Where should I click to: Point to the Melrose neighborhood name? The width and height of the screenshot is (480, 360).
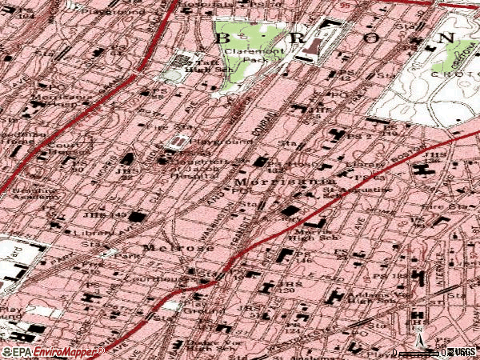tap(178, 248)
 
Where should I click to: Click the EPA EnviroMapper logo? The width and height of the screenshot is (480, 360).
tap(52, 351)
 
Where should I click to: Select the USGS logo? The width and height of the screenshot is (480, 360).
tap(462, 352)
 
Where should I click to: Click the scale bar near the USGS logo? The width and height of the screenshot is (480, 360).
tap(420, 352)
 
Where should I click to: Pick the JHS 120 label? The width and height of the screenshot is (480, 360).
tap(286, 288)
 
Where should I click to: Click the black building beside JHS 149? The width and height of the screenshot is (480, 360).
tap(138, 218)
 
